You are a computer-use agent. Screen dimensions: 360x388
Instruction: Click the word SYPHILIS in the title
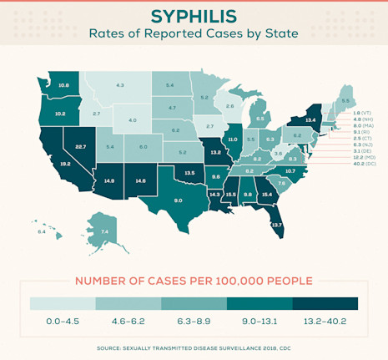[194, 17]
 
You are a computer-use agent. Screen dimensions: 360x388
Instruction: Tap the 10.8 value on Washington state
[63, 85]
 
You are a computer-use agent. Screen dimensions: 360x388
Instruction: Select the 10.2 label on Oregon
[60, 113]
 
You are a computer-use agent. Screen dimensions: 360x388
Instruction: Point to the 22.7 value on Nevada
[80, 146]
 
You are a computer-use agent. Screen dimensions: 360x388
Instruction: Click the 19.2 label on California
[64, 165]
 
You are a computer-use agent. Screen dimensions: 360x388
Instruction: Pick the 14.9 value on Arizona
[108, 180]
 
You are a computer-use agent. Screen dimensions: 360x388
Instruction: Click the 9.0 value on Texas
[178, 200]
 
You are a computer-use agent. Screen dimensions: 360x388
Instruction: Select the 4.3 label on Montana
[120, 85]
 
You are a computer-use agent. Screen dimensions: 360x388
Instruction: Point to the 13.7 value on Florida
[277, 225]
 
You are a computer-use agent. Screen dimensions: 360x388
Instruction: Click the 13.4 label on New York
[310, 119]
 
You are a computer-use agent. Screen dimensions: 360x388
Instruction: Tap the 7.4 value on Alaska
[104, 231]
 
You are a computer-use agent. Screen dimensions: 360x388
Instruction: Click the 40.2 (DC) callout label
[365, 164]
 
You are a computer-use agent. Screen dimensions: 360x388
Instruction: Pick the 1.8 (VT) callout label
[362, 112]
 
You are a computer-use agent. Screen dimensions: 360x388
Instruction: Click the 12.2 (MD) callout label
[365, 157]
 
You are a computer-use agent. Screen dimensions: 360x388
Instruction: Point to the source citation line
[194, 346]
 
